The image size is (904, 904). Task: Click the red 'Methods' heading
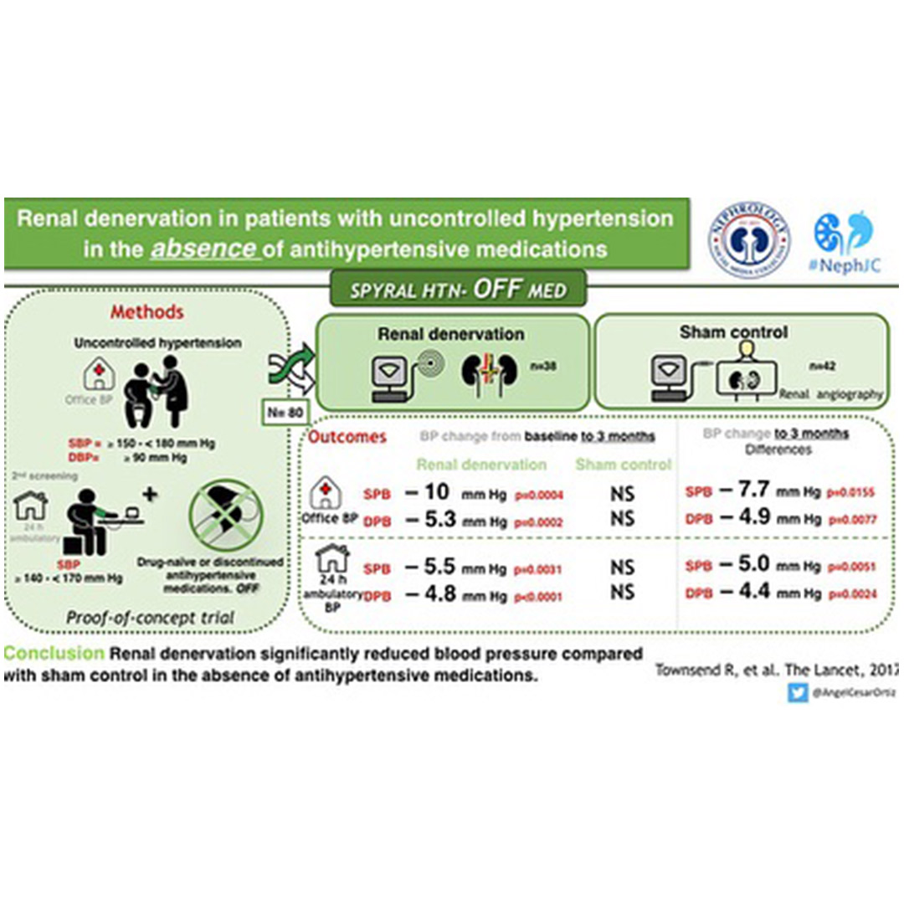click(x=147, y=312)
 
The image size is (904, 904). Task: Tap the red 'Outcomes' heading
click(x=348, y=437)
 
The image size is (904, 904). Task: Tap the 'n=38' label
click(x=541, y=365)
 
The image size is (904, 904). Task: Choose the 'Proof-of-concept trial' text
click(x=150, y=618)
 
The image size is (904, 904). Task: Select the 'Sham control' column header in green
click(x=624, y=465)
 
